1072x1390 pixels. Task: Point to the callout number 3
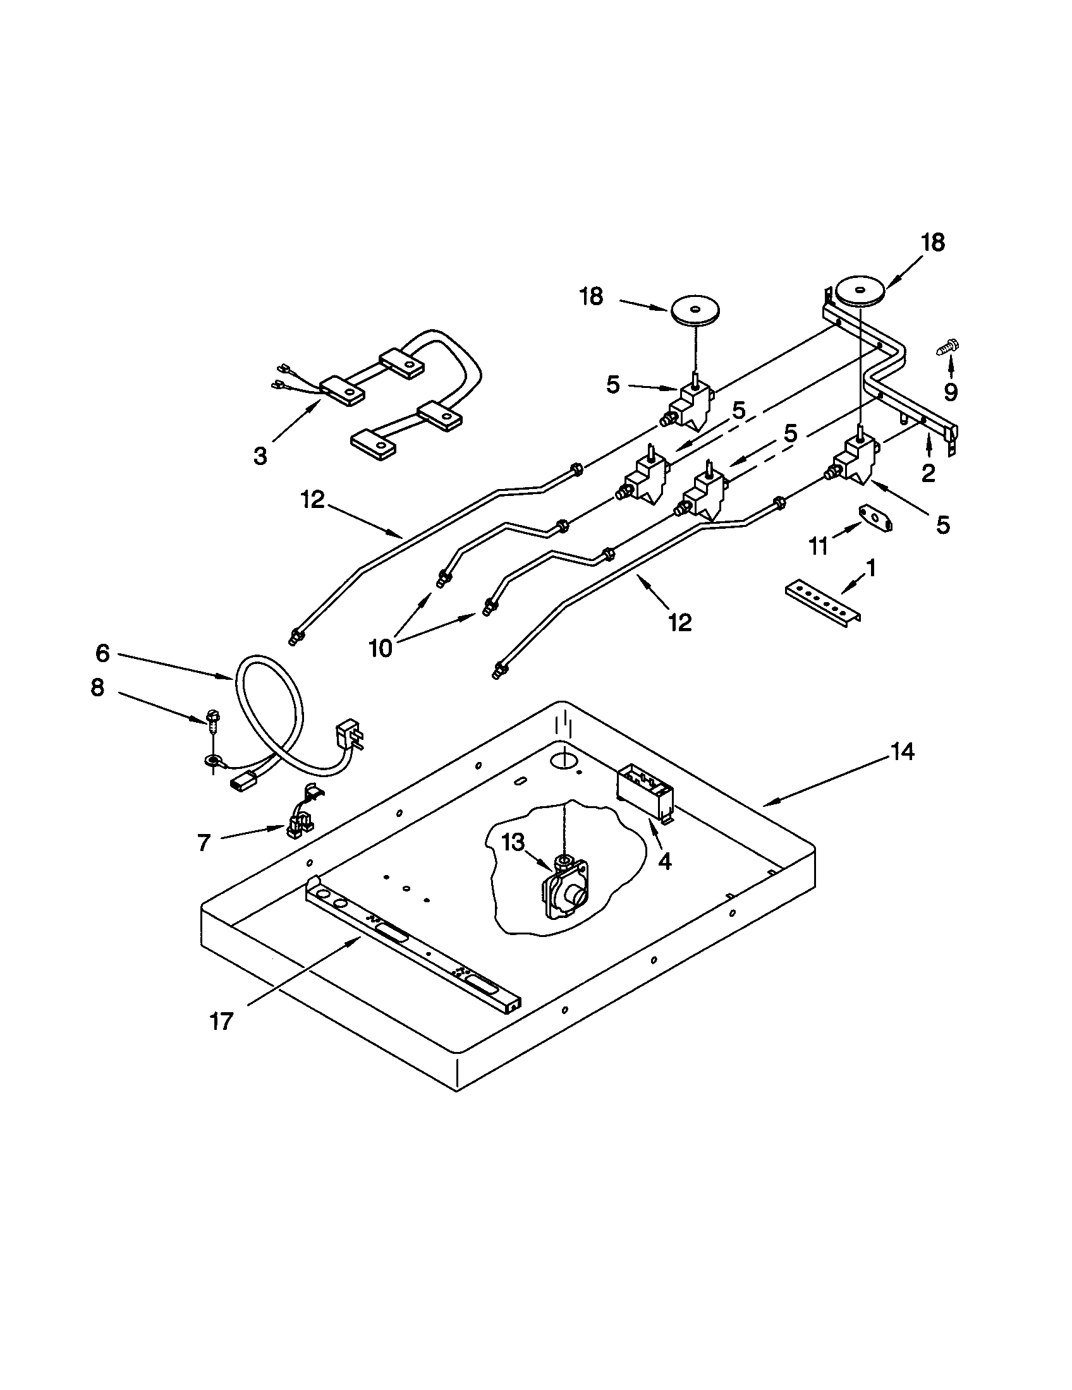point(260,456)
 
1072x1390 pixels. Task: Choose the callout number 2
point(928,472)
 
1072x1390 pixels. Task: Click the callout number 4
point(664,861)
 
